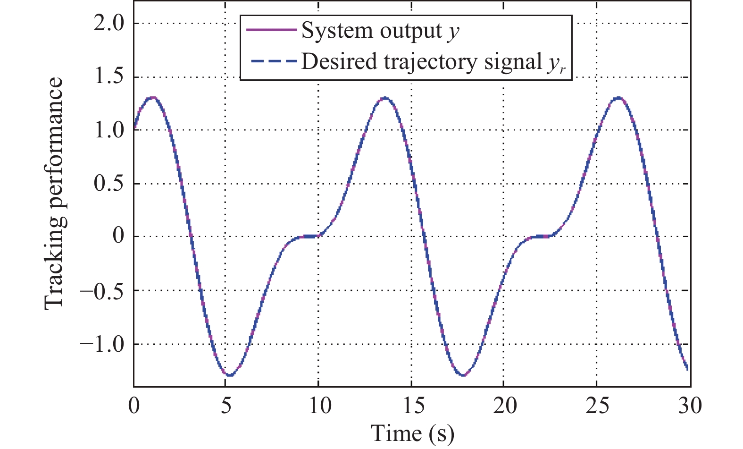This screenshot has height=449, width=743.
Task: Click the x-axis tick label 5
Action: click(226, 406)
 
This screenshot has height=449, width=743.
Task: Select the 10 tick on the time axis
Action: click(320, 406)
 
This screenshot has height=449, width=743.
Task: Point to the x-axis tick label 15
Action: click(413, 406)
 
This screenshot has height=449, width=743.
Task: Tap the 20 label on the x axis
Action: click(505, 406)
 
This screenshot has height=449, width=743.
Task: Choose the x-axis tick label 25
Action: click(597, 406)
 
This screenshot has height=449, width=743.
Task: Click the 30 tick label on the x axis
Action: click(690, 406)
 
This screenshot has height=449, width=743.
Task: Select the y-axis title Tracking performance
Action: click(53, 194)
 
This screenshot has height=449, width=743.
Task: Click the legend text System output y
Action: click(380, 31)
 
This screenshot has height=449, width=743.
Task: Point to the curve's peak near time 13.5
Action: click(385, 98)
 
